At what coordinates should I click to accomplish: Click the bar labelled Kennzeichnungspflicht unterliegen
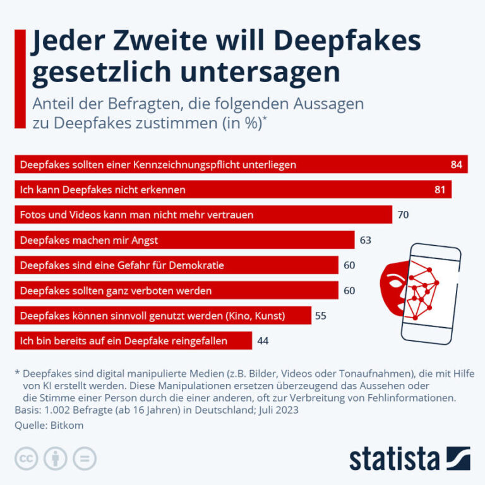coord(240,164)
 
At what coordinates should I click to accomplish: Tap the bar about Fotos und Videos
coord(203,215)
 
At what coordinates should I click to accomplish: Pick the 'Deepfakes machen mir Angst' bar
coord(184,240)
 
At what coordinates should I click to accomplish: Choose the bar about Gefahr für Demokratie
coord(176,265)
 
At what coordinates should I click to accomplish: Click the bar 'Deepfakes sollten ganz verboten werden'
coord(176,290)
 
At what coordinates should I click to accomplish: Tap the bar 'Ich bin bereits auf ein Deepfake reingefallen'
coord(133,341)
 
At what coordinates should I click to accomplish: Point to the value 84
coord(457,164)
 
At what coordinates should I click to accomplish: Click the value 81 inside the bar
coord(440,189)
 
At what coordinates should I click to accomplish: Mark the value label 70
coord(403,215)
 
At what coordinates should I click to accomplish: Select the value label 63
coord(365,240)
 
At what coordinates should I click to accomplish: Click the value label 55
coord(321,316)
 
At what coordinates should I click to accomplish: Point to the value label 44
coord(263,341)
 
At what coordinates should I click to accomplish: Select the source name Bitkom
coord(68,426)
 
